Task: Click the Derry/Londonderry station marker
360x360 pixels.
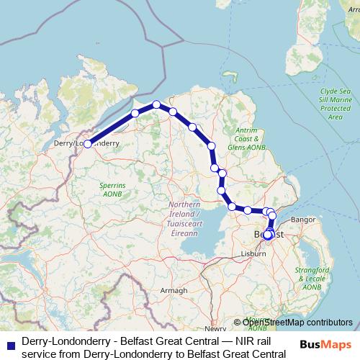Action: pyautogui.click(x=88, y=144)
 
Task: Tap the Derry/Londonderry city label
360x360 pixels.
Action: pyautogui.click(x=86, y=144)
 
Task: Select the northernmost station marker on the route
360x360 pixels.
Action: pyautogui.click(x=156, y=105)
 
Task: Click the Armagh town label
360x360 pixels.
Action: pyautogui.click(x=174, y=289)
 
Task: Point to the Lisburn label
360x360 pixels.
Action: pyautogui.click(x=253, y=253)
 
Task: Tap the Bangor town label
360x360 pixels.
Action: pyautogui.click(x=304, y=219)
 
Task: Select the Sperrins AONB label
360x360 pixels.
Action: pyautogui.click(x=112, y=189)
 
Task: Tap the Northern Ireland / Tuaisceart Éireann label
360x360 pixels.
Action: pyautogui.click(x=185, y=218)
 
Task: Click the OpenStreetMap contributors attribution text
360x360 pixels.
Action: pyautogui.click(x=297, y=323)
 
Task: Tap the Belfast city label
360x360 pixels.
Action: pyautogui.click(x=269, y=235)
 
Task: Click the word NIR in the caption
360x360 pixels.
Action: pyautogui.click(x=237, y=340)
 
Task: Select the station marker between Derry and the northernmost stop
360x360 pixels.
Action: pyautogui.click(x=135, y=114)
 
